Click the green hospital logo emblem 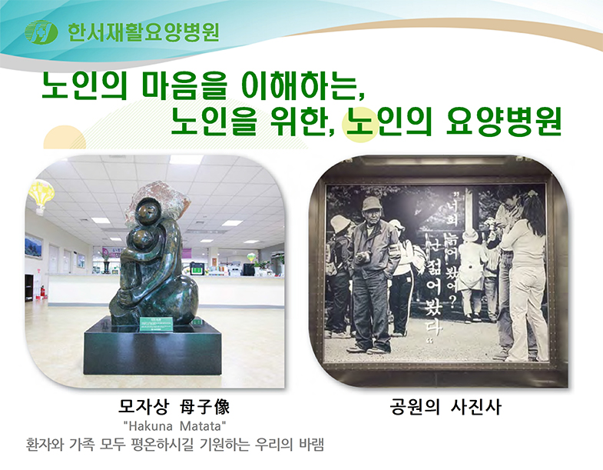pos(41,32)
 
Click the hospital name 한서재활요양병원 pos(144,32)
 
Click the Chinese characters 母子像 pos(205,407)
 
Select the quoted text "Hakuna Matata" pos(174,426)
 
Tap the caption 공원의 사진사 pos(446,407)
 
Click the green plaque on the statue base pos(156,324)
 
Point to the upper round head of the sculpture pos(148,212)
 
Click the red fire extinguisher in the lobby pos(42,292)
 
